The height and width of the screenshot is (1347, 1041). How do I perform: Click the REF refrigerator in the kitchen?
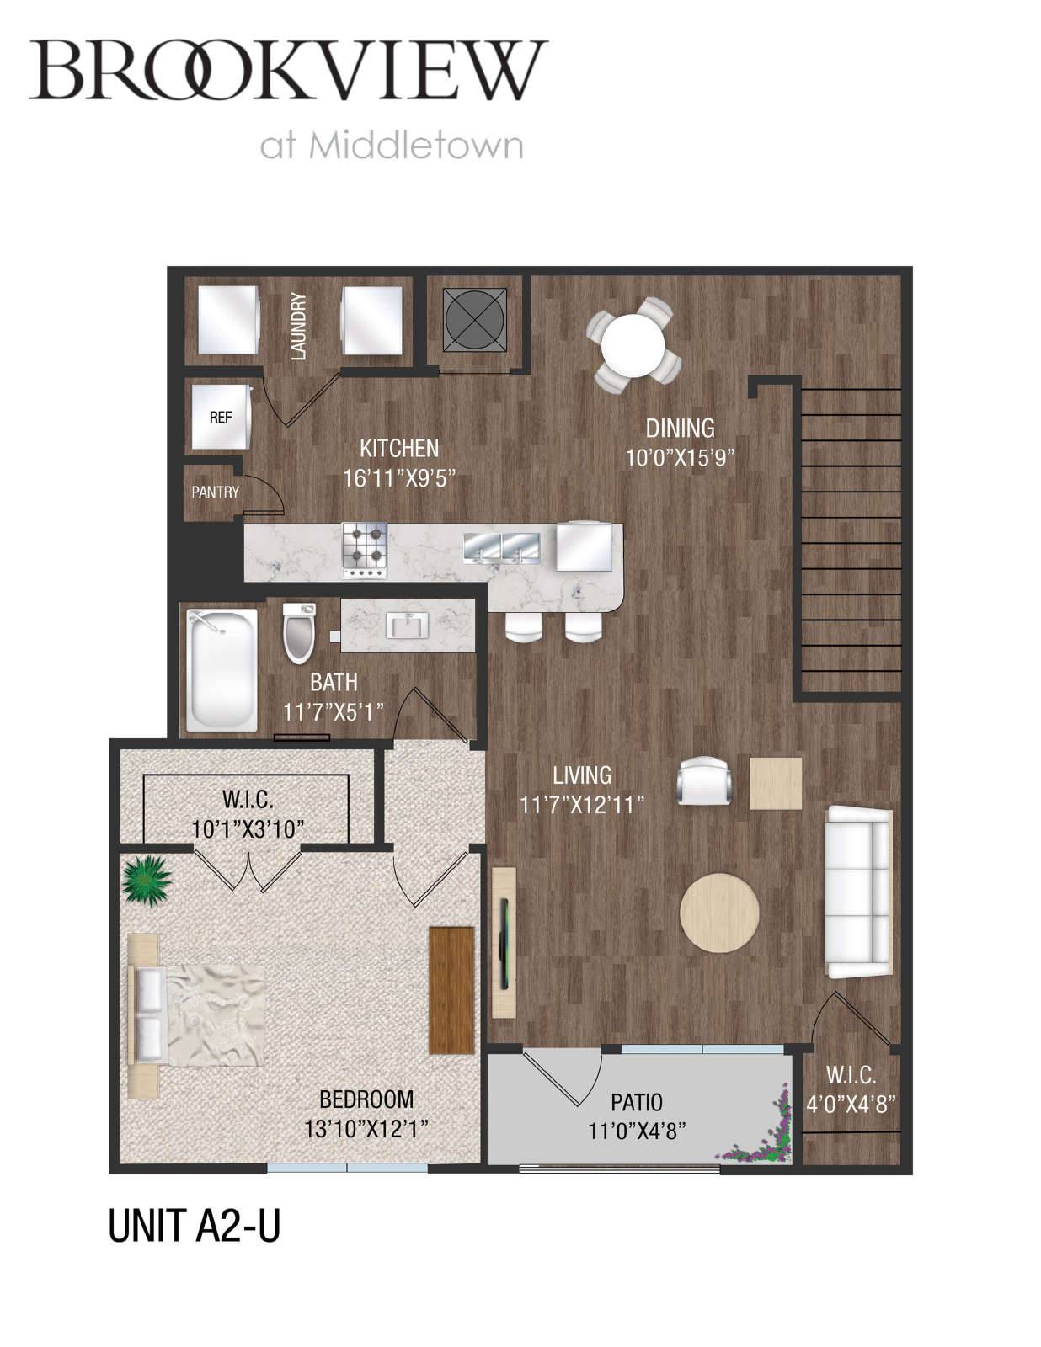(222, 417)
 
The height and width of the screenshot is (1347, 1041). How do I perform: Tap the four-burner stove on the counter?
(365, 551)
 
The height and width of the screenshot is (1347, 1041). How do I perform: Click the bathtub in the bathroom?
(222, 670)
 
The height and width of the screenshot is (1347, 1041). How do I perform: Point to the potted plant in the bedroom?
(147, 881)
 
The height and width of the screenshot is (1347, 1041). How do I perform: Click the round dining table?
(633, 345)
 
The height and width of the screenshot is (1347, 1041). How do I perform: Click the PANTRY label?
(215, 492)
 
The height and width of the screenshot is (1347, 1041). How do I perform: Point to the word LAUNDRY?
(299, 327)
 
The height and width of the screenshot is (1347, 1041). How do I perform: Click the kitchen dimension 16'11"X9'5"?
(399, 478)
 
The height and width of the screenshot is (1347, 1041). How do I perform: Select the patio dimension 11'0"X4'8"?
(636, 1131)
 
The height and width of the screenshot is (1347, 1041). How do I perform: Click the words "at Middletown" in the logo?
(392, 146)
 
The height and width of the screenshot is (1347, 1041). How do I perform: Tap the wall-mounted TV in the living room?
(504, 943)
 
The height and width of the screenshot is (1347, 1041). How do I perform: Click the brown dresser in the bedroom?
(452, 990)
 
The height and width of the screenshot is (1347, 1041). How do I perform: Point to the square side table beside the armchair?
(776, 783)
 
